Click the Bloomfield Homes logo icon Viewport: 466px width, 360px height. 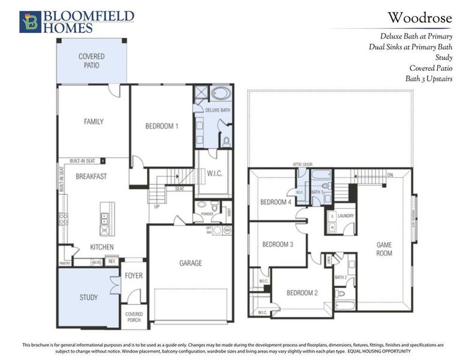click(x=30, y=21)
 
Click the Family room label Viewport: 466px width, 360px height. click(x=93, y=122)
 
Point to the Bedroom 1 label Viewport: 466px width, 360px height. click(x=161, y=127)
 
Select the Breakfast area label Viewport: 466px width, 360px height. click(x=91, y=176)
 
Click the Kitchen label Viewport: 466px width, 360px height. click(x=101, y=247)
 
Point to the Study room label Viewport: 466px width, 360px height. click(x=89, y=297)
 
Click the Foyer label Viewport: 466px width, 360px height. click(x=133, y=276)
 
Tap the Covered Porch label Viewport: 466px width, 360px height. click(x=133, y=317)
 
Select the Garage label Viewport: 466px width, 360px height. click(x=190, y=263)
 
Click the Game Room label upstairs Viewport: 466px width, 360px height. click(x=384, y=249)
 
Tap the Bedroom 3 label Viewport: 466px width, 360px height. click(x=278, y=244)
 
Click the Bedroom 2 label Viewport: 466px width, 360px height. click(x=302, y=293)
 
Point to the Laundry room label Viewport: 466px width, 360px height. click(x=345, y=216)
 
